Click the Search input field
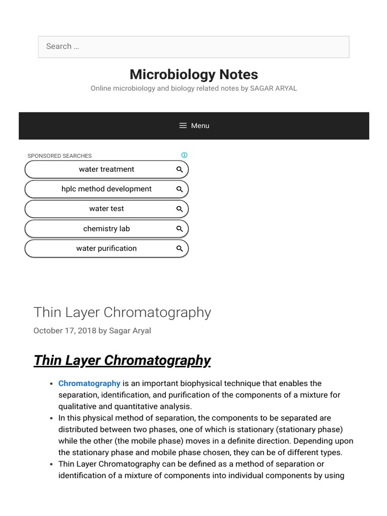(193, 47)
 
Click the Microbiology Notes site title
(193, 75)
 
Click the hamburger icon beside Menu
(183, 125)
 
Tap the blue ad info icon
(184, 155)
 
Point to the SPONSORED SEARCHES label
(59, 156)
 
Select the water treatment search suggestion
(106, 169)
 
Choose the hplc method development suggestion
(106, 189)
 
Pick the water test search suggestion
(106, 209)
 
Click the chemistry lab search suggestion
(106, 229)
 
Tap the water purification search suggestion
(106, 248)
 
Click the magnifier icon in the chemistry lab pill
(179, 229)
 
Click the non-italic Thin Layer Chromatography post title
(122, 312)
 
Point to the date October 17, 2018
(64, 331)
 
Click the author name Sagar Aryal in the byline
(130, 331)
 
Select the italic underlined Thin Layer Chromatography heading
(122, 360)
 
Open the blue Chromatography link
(89, 383)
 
